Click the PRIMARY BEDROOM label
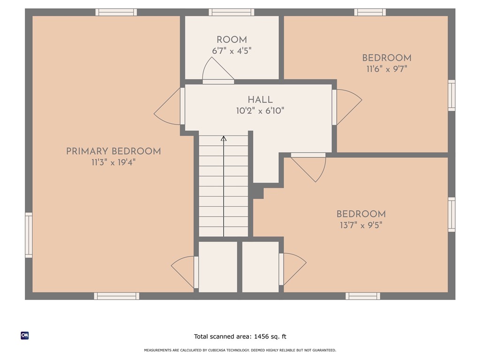[x=113, y=151]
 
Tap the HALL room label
[x=260, y=100]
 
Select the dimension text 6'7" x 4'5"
[x=232, y=51]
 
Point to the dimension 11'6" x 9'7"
[x=387, y=69]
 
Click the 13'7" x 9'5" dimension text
[x=361, y=225]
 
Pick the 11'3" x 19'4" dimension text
[x=113, y=162]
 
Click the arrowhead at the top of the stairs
[x=224, y=139]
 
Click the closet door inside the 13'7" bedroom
[x=292, y=269]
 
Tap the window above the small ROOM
[x=232, y=12]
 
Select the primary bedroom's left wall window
[x=29, y=235]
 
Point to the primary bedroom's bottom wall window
[x=116, y=296]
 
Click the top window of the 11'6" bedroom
[x=370, y=12]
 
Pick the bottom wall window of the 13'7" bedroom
[x=363, y=296]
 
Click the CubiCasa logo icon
[x=25, y=336]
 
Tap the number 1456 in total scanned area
[x=261, y=337]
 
